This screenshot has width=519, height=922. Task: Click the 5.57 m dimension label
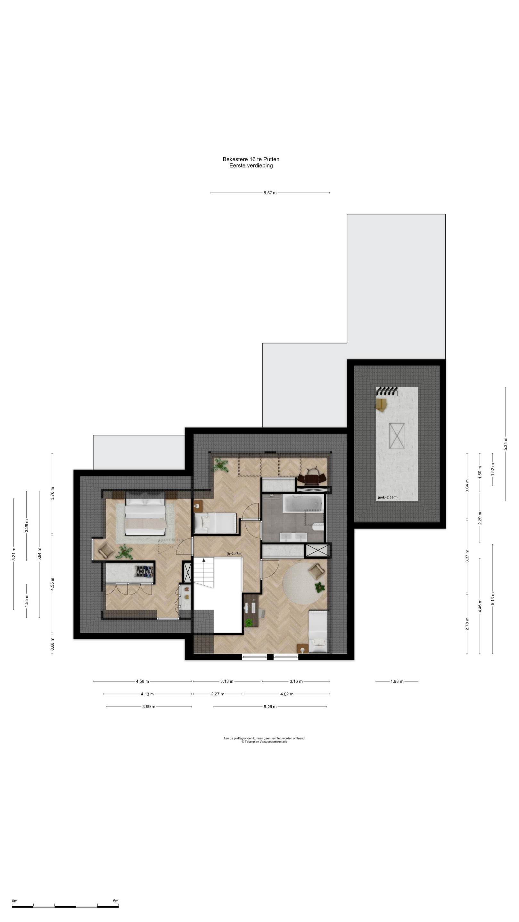pos(270,193)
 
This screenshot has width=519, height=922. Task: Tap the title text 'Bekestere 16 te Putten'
pos(251,159)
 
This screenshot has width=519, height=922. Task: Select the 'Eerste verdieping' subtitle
pos(251,166)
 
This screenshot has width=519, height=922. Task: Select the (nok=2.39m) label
pos(387,497)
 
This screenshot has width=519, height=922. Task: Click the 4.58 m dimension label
pos(142,681)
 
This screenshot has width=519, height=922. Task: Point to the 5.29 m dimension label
pos(270,707)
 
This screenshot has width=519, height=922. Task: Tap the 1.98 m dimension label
pos(397,681)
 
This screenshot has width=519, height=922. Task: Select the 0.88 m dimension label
pos(52,644)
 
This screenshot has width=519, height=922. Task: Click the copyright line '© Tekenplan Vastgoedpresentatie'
pos(264,742)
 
